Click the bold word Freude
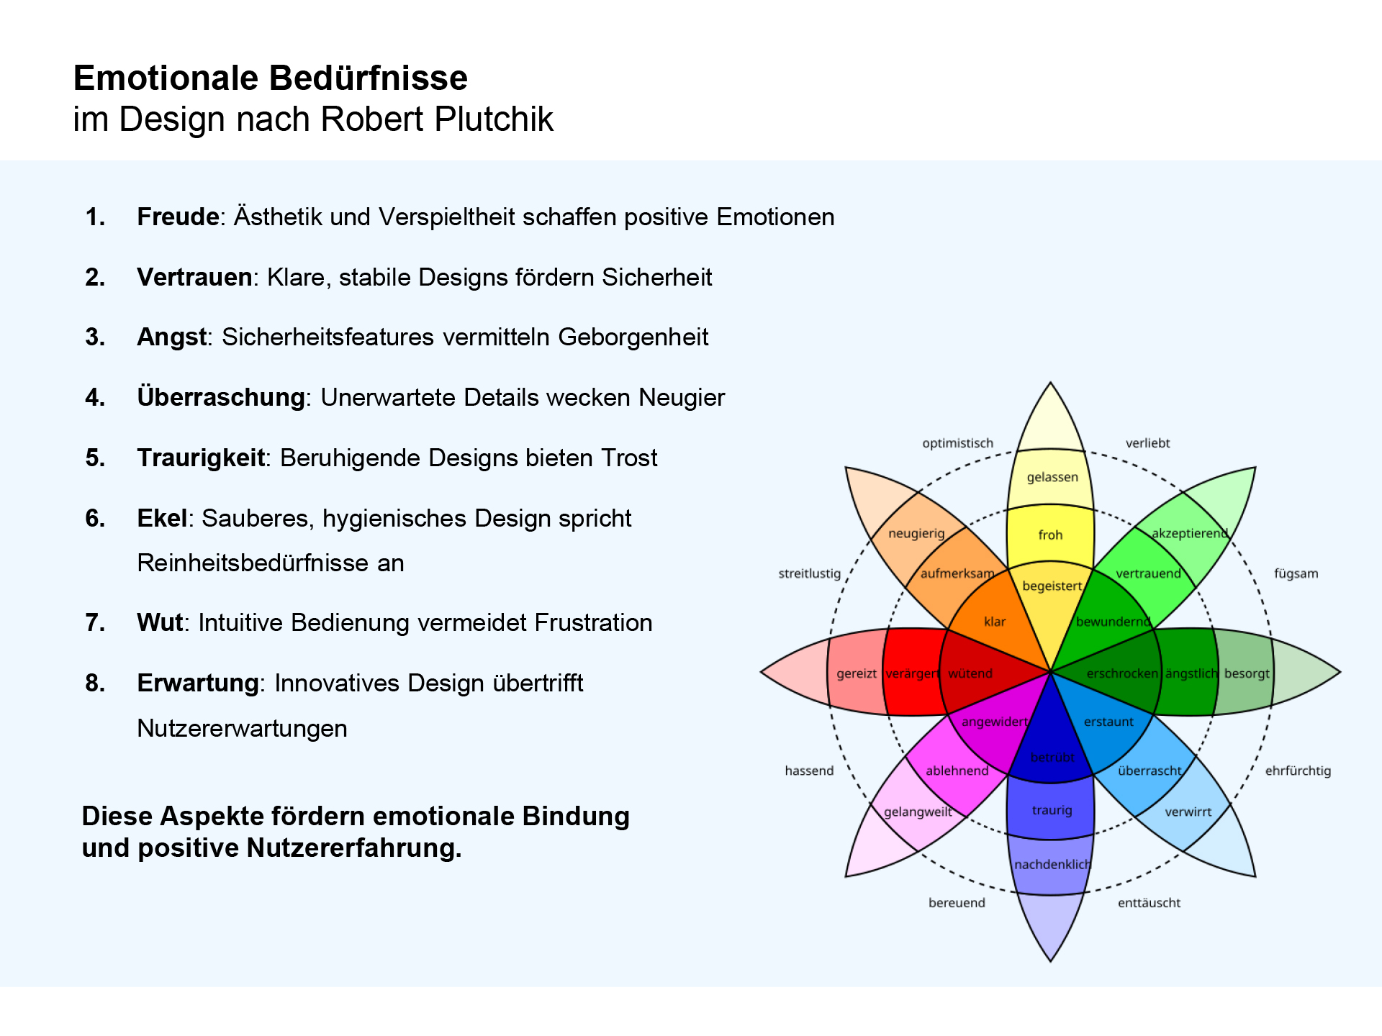[178, 217]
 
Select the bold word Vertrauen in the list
[194, 277]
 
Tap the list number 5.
[95, 458]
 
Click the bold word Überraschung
[221, 396]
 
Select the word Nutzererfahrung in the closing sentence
[353, 848]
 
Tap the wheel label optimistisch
[957, 443]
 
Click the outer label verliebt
[1147, 443]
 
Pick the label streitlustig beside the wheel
[809, 573]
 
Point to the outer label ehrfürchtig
[1298, 771]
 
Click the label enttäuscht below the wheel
[1149, 903]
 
